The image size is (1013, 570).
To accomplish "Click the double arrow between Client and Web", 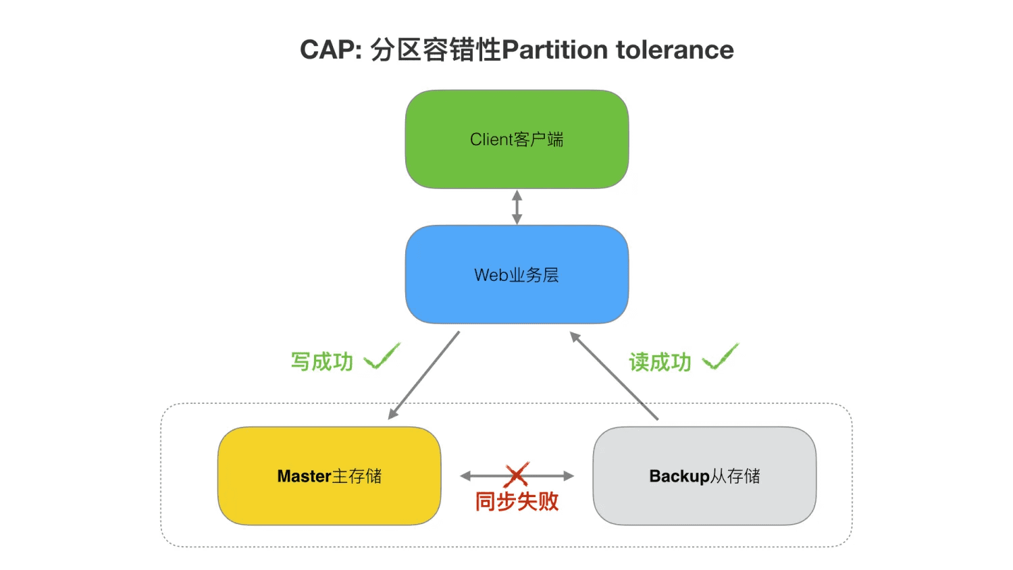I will click(517, 207).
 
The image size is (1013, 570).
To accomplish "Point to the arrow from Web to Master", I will click(424, 375).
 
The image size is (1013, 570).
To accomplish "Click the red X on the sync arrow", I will click(517, 475).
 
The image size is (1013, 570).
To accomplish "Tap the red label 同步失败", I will click(517, 501).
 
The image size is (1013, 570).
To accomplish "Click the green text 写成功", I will click(322, 362).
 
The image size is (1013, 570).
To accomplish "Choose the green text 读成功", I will click(660, 363).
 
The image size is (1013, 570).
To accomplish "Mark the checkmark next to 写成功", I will click(382, 357).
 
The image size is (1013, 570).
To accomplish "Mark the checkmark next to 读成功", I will click(721, 357).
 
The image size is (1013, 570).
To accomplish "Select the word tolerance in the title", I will click(675, 50).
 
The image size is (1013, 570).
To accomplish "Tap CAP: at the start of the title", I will click(331, 50).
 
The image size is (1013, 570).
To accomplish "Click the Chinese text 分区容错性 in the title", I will click(436, 50).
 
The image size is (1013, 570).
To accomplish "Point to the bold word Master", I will click(304, 476).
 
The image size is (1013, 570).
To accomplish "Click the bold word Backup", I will click(679, 476).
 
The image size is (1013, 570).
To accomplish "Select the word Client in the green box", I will click(491, 140).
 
